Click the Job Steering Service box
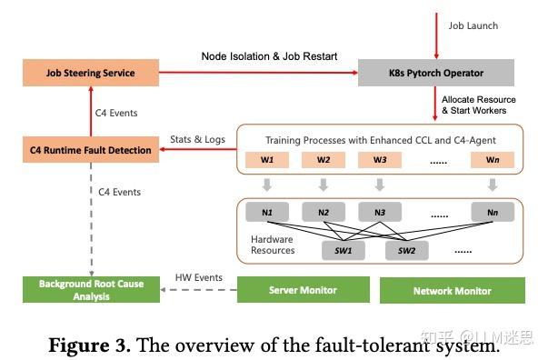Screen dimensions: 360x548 (x=91, y=73)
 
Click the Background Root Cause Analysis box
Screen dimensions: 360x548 (x=89, y=290)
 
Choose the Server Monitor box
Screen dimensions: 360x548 (x=303, y=290)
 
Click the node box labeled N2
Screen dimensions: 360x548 (x=324, y=215)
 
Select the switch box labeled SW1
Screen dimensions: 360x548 (x=343, y=250)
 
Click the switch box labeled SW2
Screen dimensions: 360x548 (x=406, y=250)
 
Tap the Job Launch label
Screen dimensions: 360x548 (x=473, y=25)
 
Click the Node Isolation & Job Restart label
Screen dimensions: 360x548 (x=269, y=56)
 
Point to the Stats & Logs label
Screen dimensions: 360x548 (x=196, y=139)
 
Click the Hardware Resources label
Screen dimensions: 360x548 (x=273, y=245)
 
